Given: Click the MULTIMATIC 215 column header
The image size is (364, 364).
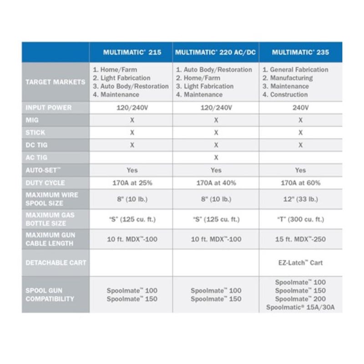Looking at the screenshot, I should tap(131, 52).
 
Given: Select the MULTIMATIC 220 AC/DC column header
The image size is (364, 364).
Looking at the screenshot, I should tap(216, 52).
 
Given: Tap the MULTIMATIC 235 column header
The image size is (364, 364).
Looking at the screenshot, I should tap(300, 52).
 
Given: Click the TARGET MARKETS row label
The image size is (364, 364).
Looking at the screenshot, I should tap(55, 82).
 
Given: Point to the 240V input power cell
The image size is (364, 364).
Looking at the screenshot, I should tap(300, 108).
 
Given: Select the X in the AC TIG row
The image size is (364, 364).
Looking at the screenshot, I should tap(216, 157).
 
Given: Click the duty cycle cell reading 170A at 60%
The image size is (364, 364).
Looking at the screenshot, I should tap(300, 182).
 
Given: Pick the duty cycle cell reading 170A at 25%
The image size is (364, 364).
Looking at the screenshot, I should tap(132, 182).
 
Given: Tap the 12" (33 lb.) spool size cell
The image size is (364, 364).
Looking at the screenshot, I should tap(300, 199).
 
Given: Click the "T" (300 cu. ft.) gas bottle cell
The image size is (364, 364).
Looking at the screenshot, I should tap(300, 219).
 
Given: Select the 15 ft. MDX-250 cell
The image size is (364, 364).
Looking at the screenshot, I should tap(300, 239).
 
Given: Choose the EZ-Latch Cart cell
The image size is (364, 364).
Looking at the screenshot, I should tap(300, 263).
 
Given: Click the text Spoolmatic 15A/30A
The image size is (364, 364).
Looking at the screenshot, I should tap(301, 308).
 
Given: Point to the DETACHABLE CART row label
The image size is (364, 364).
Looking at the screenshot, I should tap(56, 263).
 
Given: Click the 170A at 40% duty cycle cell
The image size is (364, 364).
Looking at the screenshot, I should tap(216, 182).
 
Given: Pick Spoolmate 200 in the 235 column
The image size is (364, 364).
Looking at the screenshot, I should tap(300, 299).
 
